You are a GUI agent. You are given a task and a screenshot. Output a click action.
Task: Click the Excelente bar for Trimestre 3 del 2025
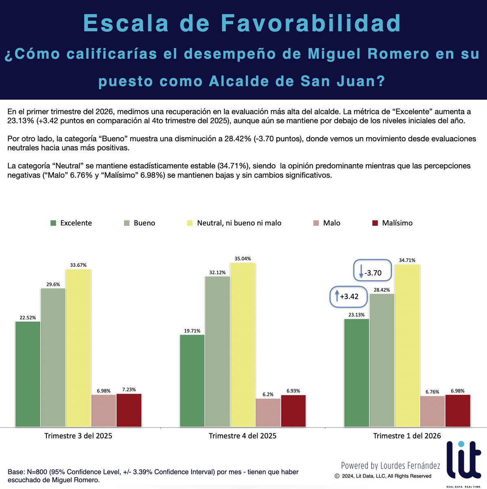click(x=28, y=374)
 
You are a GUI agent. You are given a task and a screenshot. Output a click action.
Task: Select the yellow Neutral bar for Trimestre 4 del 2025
click(x=242, y=344)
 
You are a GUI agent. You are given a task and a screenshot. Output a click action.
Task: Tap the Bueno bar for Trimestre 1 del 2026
click(x=382, y=360)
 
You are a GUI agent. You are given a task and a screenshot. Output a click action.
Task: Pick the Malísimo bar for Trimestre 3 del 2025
click(x=129, y=410)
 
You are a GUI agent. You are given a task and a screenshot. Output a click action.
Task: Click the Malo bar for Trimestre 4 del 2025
click(x=268, y=412)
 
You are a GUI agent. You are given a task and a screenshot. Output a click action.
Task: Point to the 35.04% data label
click(x=242, y=259)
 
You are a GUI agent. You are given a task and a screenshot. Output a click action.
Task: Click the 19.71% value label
click(x=192, y=331)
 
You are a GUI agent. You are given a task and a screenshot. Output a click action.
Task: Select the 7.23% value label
click(x=129, y=390)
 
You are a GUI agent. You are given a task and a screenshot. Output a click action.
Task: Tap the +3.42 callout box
click(x=348, y=296)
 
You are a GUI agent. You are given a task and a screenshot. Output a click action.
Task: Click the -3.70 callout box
click(x=372, y=273)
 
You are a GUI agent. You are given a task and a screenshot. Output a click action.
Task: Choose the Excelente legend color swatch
click(x=53, y=223)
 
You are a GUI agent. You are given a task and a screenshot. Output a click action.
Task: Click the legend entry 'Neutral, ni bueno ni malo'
click(x=239, y=223)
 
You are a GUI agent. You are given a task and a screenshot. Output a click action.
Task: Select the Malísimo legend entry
click(x=397, y=223)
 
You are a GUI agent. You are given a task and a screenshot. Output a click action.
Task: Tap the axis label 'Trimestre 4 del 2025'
click(x=242, y=436)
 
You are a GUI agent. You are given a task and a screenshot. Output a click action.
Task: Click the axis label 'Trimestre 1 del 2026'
click(x=407, y=436)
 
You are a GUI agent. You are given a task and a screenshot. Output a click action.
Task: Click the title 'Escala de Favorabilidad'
click(x=242, y=23)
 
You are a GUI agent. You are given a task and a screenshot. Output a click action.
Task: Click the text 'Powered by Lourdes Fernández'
click(x=390, y=465)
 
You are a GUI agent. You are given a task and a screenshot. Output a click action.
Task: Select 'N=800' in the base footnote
click(x=38, y=472)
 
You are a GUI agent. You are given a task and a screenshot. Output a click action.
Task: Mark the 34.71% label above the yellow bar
click(x=407, y=260)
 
